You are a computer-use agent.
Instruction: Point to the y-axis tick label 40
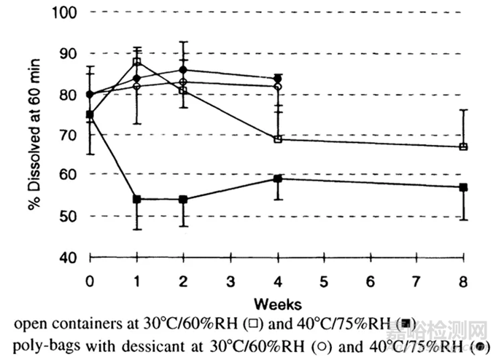coord(66,257)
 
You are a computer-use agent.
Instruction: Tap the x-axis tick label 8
coord(463,281)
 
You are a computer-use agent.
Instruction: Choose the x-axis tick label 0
coord(90,281)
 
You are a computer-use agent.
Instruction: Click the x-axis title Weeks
coord(275,301)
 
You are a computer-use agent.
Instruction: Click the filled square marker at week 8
coord(463,187)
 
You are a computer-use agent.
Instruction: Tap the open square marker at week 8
coord(463,146)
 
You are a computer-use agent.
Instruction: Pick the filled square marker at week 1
coord(136,199)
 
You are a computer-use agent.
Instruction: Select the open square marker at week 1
coord(136,62)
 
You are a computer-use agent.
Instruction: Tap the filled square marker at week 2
coord(183,199)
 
